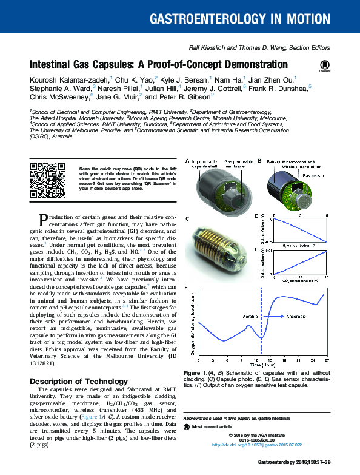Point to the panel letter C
click(187, 218)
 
